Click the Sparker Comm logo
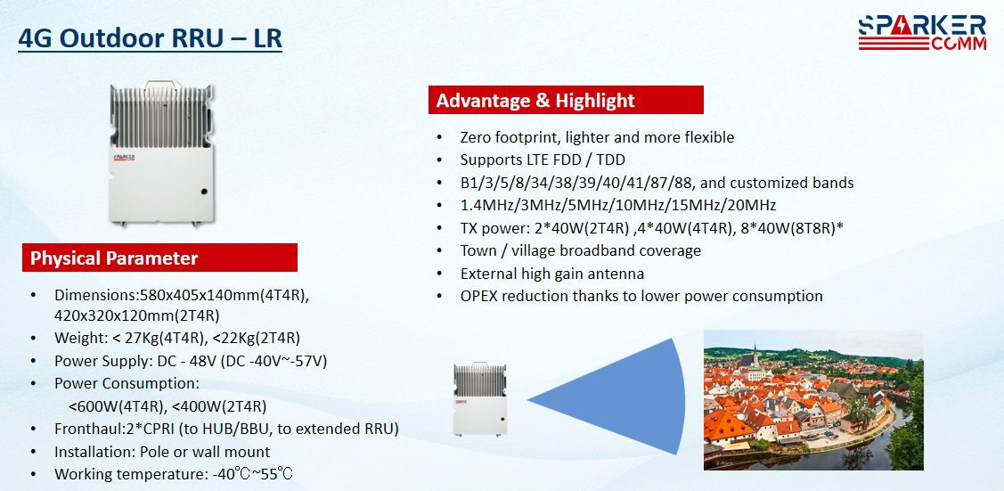(922, 33)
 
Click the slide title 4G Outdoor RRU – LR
(150, 39)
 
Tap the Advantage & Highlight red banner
(566, 101)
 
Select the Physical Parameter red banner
(160, 258)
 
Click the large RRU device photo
(161, 152)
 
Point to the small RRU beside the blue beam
(481, 400)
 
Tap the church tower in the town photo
(755, 356)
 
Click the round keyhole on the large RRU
(204, 192)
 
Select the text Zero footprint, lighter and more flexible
(597, 137)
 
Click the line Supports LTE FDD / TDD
(541, 160)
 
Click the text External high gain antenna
(552, 274)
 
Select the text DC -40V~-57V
(274, 361)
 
